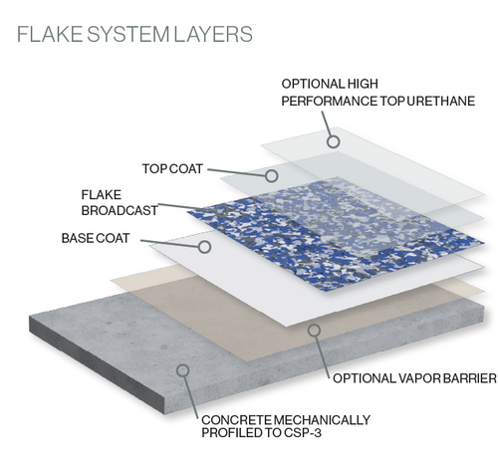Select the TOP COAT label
(173, 168)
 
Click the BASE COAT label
(95, 239)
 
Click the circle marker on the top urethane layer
(334, 141)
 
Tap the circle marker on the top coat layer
(272, 174)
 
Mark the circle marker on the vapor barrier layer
(313, 329)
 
